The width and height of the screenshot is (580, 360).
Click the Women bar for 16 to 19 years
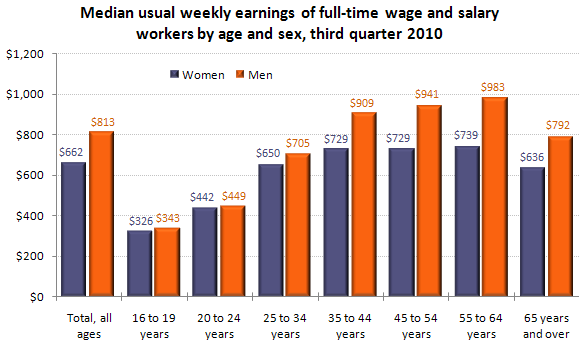[x=140, y=264]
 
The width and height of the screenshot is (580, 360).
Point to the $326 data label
[x=141, y=220]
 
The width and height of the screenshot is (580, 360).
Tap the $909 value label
[x=363, y=102]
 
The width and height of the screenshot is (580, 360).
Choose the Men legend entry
[x=252, y=74]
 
